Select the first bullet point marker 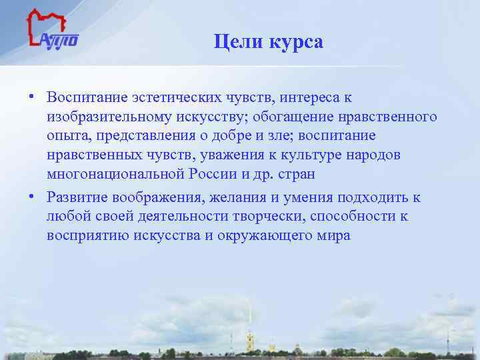(31, 97)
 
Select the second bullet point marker (31, 197)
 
